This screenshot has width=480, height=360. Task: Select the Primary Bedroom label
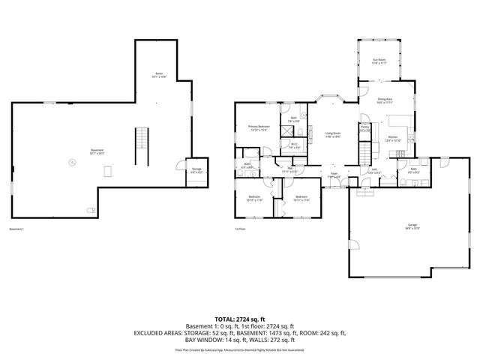tap(259, 128)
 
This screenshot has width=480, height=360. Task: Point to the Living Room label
tap(333, 135)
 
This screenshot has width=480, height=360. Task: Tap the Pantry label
tap(364, 128)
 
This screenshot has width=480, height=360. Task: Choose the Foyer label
tap(334, 175)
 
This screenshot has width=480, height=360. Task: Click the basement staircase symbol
tap(138, 146)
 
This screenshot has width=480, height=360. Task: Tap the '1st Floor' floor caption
tap(240, 229)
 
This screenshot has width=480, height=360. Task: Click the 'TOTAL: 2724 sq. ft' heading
tap(240, 319)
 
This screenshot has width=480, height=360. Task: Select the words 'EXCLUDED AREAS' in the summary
tap(160, 332)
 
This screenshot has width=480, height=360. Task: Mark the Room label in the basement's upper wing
tap(159, 74)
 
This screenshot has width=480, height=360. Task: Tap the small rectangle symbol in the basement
tap(108, 170)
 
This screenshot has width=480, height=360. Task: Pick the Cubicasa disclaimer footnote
tap(240, 349)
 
